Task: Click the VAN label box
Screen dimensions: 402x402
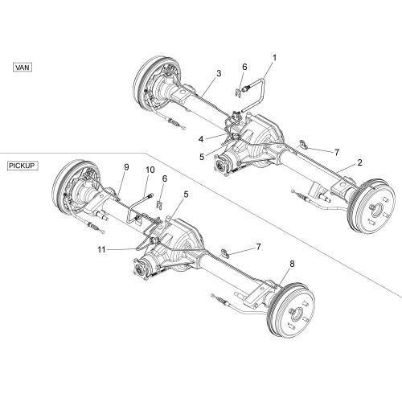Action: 23,67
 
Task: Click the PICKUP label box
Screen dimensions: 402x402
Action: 23,166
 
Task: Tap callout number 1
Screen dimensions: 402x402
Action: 274,58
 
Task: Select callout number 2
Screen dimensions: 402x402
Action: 359,162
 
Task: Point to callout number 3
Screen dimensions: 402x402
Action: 219,73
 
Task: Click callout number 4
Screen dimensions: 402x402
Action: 201,139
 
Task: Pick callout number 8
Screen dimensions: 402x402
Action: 292,264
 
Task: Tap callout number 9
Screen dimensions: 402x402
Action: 126,167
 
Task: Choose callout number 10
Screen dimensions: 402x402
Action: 150,170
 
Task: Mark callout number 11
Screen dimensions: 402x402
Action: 101,250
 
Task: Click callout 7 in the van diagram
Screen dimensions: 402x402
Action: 337,153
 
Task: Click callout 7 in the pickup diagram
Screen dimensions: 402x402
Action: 258,247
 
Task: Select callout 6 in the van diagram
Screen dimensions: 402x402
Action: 244,67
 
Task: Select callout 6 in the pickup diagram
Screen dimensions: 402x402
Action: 165,178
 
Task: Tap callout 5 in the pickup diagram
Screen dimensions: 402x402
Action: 186,195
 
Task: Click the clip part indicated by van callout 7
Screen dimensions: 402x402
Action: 303,144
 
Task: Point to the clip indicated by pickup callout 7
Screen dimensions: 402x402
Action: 225,252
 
